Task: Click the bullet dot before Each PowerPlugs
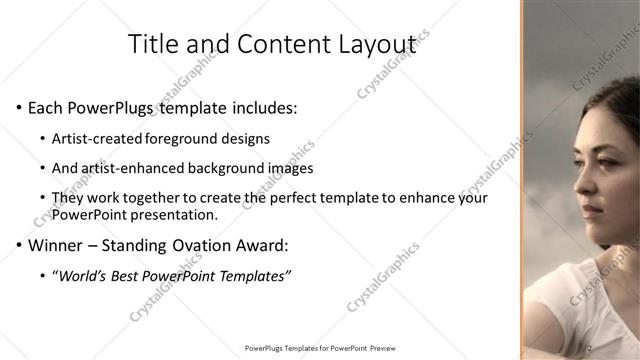[20, 106]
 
